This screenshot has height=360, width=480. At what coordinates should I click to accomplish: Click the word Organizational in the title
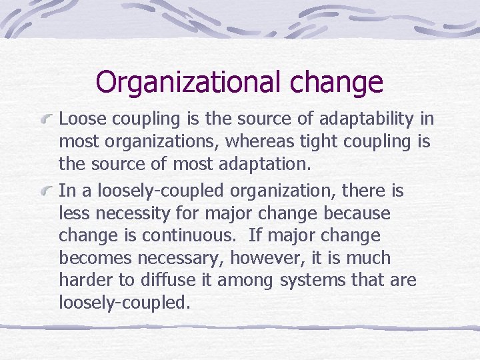(188, 83)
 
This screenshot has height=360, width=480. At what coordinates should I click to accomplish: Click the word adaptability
(360, 119)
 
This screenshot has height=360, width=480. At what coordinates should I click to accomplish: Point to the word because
(358, 214)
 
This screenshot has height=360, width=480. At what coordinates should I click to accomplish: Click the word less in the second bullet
(71, 214)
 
